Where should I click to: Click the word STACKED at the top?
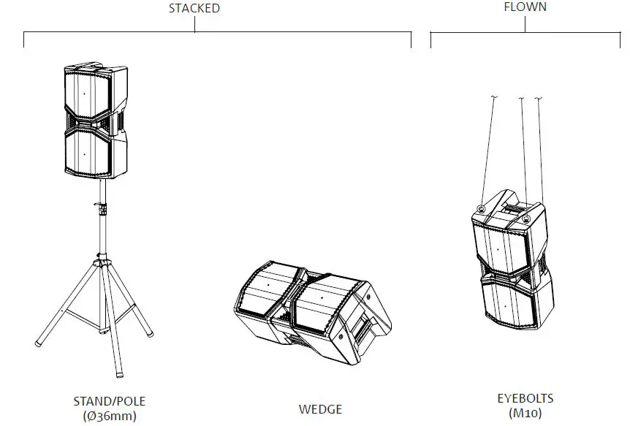[x=194, y=9]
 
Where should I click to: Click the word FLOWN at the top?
[x=525, y=7]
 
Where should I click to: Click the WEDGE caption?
[x=320, y=409]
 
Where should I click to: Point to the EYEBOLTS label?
[x=525, y=399]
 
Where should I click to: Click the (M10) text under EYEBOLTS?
[x=525, y=413]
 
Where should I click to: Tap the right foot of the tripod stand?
[x=151, y=334]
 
